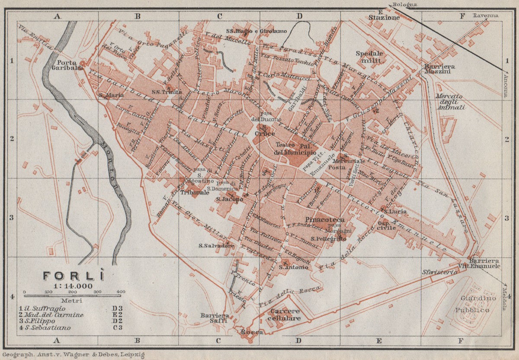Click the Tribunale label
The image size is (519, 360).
coord(193,192)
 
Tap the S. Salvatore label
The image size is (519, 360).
coord(217,246)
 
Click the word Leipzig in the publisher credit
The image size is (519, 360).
coord(131,355)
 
